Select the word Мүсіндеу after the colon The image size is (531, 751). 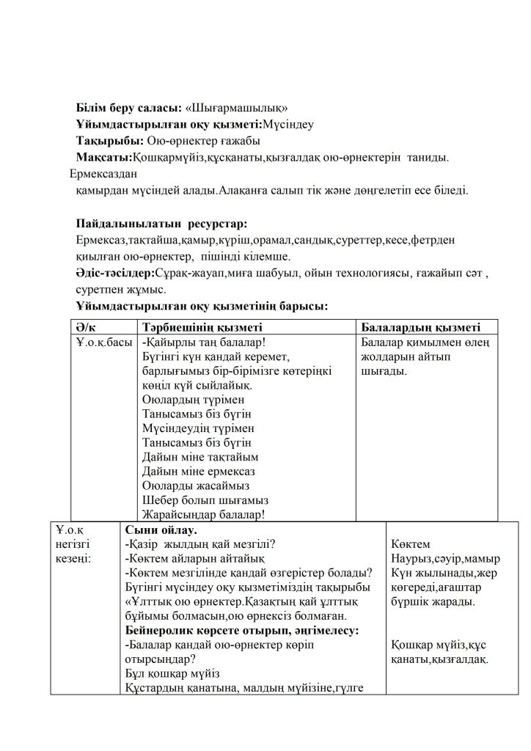288,124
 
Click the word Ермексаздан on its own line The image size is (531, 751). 103,174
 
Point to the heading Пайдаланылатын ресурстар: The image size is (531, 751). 161,223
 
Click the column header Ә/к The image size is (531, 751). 86,327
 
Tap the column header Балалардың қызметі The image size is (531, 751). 421,327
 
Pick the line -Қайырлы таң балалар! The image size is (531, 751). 203,342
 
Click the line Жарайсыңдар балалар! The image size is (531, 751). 203,515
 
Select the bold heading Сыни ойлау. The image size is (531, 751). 161,530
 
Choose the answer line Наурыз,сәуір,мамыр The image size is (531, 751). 445,558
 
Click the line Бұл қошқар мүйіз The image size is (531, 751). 172,673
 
